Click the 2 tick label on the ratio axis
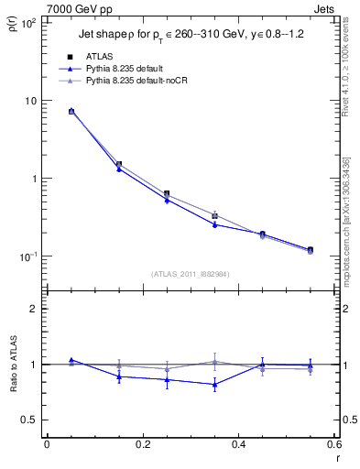coord(34,309)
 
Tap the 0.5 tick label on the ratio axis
coord(30,420)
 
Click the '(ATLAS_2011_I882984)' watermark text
coord(190,273)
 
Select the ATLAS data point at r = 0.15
coord(119,164)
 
